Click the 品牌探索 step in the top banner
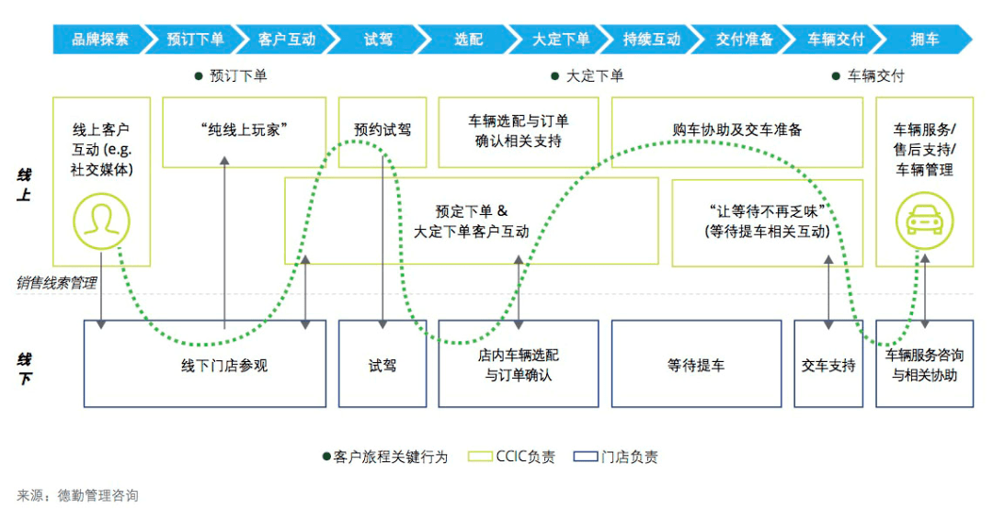click(100, 40)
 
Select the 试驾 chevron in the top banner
click(378, 40)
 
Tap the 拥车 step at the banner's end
click(924, 40)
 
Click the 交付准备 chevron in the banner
click(745, 40)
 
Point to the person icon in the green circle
click(101, 222)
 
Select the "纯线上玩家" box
click(244, 131)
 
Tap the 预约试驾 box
click(382, 130)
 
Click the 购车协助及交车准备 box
click(736, 130)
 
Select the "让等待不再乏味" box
click(767, 222)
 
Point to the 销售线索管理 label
click(56, 283)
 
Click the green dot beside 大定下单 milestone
click(554, 76)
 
